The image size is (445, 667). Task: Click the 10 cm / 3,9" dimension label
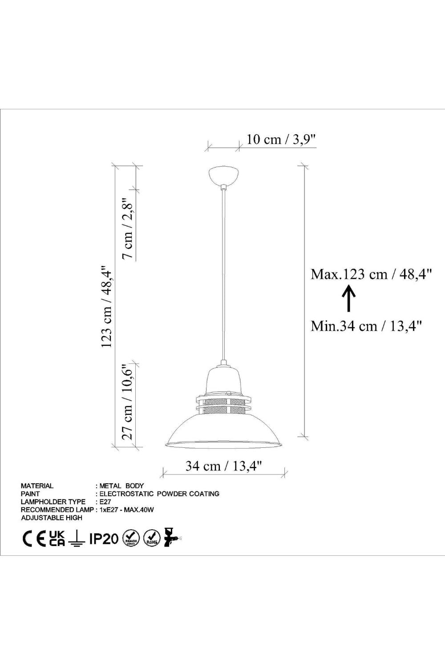(x=281, y=139)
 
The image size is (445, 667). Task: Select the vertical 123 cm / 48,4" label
(x=106, y=307)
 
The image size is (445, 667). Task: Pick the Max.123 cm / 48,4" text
(x=371, y=274)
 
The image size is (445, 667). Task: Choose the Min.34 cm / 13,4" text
(x=366, y=326)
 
